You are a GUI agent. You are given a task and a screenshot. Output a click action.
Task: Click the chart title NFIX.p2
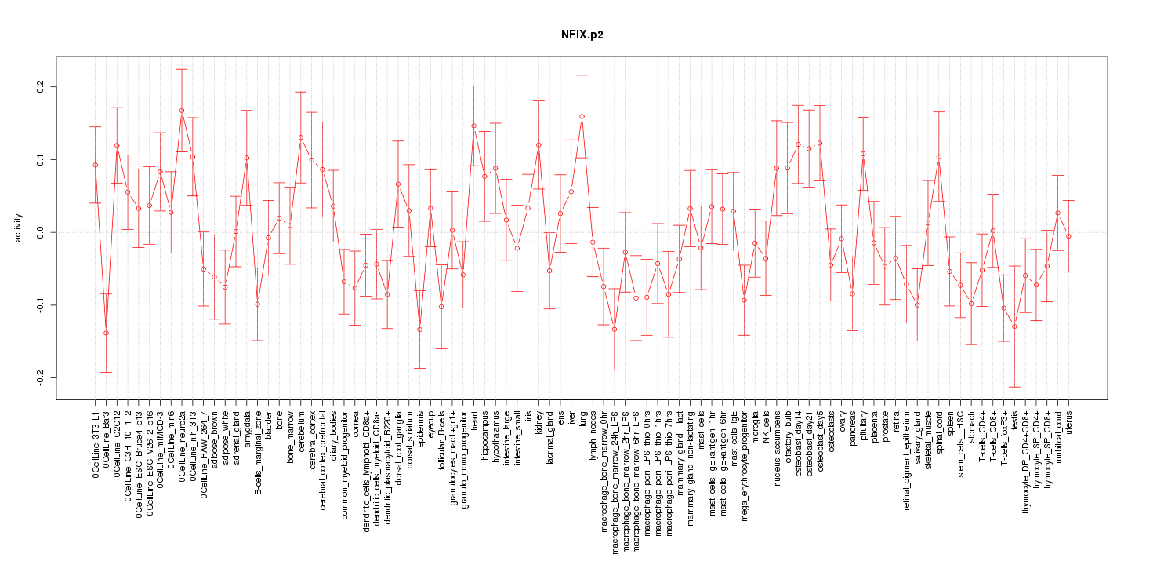tap(582, 35)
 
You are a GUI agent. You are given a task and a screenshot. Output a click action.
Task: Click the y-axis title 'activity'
tap(18, 228)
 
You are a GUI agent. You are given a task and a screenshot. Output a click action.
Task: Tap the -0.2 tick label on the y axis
tap(41, 377)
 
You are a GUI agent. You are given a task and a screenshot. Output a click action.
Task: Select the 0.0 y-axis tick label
tap(41, 232)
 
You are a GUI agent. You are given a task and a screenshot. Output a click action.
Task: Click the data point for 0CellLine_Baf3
tap(106, 333)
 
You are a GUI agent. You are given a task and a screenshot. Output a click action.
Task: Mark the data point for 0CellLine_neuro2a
tap(182, 111)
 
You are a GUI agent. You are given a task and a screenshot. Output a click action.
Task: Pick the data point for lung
tap(582, 117)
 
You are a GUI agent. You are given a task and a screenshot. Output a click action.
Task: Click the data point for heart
tap(473, 126)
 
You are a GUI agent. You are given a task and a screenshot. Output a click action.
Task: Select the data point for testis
tap(1014, 326)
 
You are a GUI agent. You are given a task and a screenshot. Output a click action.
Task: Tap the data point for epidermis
tap(419, 330)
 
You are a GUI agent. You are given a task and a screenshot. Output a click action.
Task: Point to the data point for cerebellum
tap(301, 137)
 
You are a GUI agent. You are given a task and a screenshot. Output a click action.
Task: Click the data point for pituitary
tap(863, 154)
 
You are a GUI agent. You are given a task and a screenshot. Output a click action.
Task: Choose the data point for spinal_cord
tap(938, 157)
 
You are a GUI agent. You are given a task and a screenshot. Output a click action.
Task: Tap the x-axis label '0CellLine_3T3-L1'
tap(96, 444)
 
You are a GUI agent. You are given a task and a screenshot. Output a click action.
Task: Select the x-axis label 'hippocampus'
tap(485, 434)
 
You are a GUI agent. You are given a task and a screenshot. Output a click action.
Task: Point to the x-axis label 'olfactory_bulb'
tap(788, 436)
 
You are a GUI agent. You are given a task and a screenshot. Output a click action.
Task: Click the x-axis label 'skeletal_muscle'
tap(928, 439)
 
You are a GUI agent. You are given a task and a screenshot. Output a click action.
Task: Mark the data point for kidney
tap(538, 145)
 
